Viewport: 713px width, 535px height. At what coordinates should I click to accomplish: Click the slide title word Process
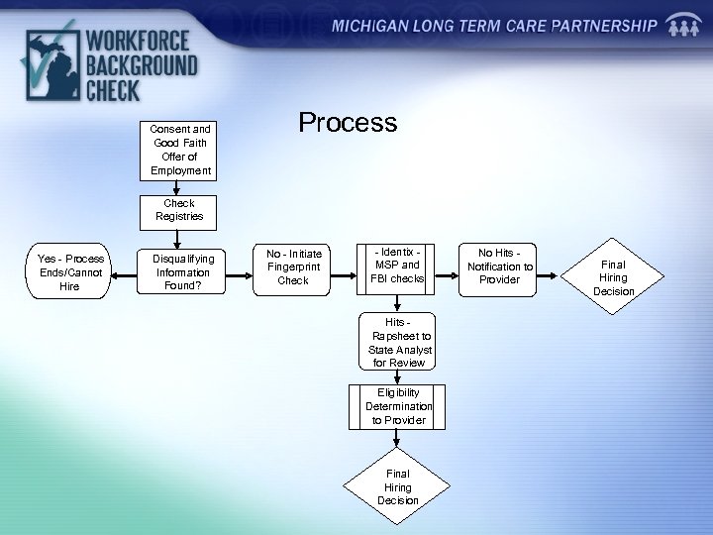tap(348, 123)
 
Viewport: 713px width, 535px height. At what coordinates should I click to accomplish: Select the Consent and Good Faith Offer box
tap(179, 150)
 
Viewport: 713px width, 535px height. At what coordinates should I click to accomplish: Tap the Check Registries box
tap(179, 210)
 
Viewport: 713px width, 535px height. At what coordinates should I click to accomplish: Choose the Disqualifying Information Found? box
tap(181, 272)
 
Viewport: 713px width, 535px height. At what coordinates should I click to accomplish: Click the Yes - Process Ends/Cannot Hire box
tap(70, 272)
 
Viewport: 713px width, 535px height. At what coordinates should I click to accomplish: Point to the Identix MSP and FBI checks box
tap(396, 266)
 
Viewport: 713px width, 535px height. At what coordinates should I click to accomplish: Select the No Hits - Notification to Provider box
tap(500, 266)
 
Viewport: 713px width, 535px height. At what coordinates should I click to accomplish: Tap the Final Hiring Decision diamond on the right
tap(614, 277)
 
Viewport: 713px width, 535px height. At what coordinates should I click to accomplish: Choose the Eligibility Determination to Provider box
tap(398, 406)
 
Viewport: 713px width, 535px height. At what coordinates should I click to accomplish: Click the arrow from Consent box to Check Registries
tap(179, 187)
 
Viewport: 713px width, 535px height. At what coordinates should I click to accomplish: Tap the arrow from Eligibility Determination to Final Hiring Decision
tap(398, 443)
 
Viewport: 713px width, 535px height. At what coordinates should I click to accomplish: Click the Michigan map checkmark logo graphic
tap(47, 65)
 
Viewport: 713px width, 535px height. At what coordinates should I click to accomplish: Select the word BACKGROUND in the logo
tap(141, 66)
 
